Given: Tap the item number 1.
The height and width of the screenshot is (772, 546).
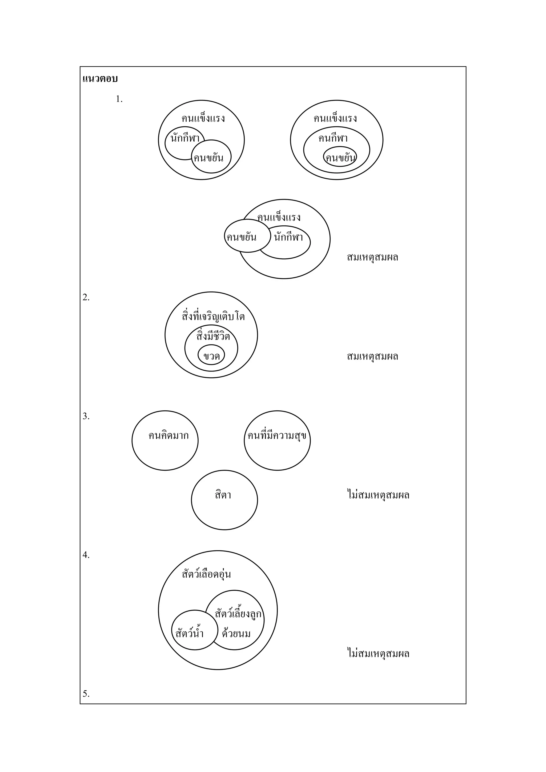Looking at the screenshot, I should pyautogui.click(x=119, y=99).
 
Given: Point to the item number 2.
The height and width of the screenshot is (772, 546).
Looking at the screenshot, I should pyautogui.click(x=86, y=298).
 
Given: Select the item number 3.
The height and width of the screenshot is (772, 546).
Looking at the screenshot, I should pyautogui.click(x=86, y=416).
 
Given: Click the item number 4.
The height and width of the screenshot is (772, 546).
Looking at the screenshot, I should pyautogui.click(x=86, y=555).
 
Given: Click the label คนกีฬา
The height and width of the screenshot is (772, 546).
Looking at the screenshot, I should pyautogui.click(x=333, y=138).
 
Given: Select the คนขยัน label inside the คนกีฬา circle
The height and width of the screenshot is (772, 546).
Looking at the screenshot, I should pyautogui.click(x=340, y=158).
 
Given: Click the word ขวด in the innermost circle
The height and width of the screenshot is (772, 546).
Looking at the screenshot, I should pyautogui.click(x=211, y=356).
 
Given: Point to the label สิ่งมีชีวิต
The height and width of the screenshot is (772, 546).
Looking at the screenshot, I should pyautogui.click(x=213, y=336).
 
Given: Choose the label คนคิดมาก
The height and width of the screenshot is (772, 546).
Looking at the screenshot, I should pyautogui.click(x=168, y=436).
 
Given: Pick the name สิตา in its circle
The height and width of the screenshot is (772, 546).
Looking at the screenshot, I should pyautogui.click(x=223, y=495).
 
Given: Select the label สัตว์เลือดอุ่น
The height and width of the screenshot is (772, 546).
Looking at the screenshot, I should pyautogui.click(x=206, y=574).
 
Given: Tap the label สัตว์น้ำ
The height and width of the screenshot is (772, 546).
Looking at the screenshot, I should pyautogui.click(x=190, y=634).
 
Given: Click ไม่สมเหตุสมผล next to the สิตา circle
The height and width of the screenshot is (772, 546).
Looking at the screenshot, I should pyautogui.click(x=378, y=495).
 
